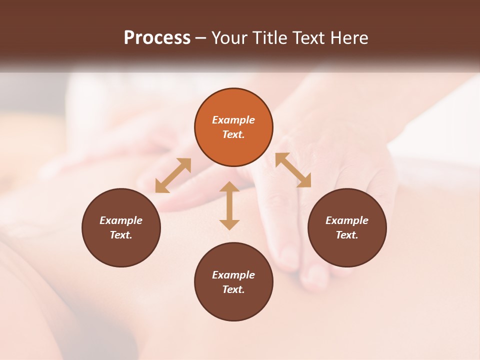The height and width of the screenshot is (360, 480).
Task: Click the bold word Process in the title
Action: point(157,38)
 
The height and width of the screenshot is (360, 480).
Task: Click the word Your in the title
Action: point(230,38)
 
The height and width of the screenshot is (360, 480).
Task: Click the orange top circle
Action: point(233,127)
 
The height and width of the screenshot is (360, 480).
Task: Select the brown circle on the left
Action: point(121,227)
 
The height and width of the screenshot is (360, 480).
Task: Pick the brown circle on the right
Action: point(347,227)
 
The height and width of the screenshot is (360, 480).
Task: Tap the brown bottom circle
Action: point(233,282)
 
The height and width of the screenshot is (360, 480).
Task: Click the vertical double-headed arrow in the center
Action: point(229,205)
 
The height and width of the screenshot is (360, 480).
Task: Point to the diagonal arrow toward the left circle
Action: point(173,175)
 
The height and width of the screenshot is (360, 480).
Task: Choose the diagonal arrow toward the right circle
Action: point(293,170)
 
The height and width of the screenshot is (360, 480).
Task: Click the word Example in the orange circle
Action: point(233,120)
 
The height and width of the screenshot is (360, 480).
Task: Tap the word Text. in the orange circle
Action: point(233,134)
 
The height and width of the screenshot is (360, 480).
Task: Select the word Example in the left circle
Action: point(121,220)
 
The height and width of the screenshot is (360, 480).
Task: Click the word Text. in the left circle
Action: point(121,235)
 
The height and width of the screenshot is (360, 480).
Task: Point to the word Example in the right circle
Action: point(347,220)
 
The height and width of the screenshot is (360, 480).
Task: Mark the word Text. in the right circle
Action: point(347,235)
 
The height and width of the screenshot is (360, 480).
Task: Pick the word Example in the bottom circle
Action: point(233,275)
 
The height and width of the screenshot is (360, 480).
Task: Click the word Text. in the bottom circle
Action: point(233,289)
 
